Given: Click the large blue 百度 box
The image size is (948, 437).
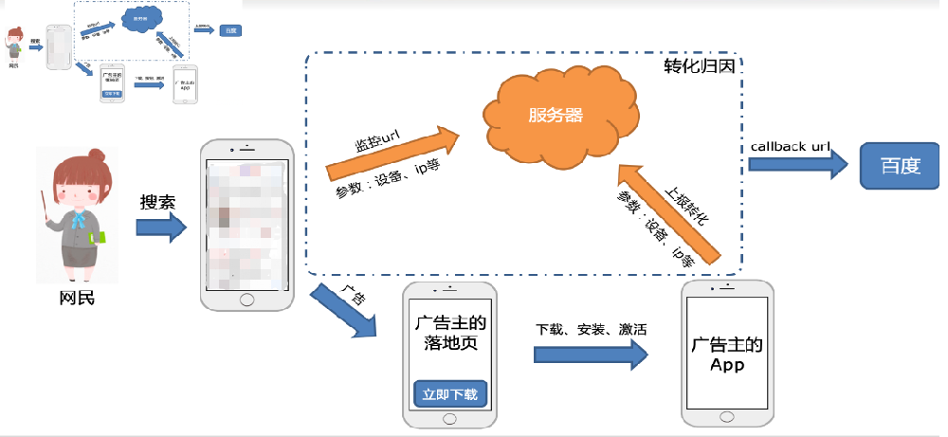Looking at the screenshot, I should [899, 166].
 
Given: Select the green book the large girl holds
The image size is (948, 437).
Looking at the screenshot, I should [99, 238].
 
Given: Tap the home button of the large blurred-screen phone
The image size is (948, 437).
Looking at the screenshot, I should [246, 298].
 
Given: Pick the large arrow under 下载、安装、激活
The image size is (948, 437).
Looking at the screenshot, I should [590, 354].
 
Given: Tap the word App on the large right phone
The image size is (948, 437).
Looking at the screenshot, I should [726, 364].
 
